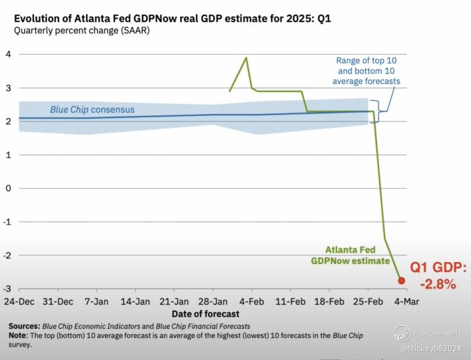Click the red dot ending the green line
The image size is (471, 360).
[401, 281]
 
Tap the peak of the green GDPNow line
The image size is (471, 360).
[246, 57]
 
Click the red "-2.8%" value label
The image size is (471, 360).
[438, 284]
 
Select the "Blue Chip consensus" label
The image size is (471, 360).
[92, 109]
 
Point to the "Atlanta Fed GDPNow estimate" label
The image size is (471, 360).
[350, 255]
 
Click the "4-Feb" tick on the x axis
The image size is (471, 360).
[252, 301]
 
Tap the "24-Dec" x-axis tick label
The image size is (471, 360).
[19, 301]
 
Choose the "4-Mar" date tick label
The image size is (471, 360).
[407, 301]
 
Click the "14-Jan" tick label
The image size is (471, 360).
[135, 301]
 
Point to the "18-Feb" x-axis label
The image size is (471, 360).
[329, 301]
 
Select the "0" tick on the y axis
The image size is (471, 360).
[8, 189]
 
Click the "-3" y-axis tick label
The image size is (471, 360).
[7, 289]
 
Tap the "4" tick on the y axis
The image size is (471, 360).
[8, 55]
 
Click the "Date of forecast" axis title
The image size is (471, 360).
[205, 314]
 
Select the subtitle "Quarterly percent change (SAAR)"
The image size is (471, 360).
[82, 31]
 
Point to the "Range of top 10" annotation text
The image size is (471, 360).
[366, 61]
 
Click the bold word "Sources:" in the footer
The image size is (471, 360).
[25, 326]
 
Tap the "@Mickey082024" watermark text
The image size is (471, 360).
[431, 349]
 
